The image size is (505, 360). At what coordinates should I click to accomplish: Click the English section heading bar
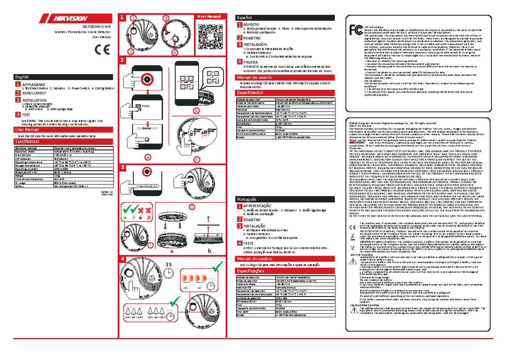point(63,77)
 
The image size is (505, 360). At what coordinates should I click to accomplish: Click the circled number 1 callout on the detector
point(133,19)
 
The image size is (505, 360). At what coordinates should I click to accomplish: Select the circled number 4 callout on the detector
point(175,53)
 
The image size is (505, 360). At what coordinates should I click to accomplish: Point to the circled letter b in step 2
point(195,110)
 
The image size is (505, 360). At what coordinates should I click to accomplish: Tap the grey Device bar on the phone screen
point(147,128)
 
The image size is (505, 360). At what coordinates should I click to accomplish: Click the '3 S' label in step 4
point(169,264)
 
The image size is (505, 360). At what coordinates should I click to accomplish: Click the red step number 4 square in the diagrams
point(122,259)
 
